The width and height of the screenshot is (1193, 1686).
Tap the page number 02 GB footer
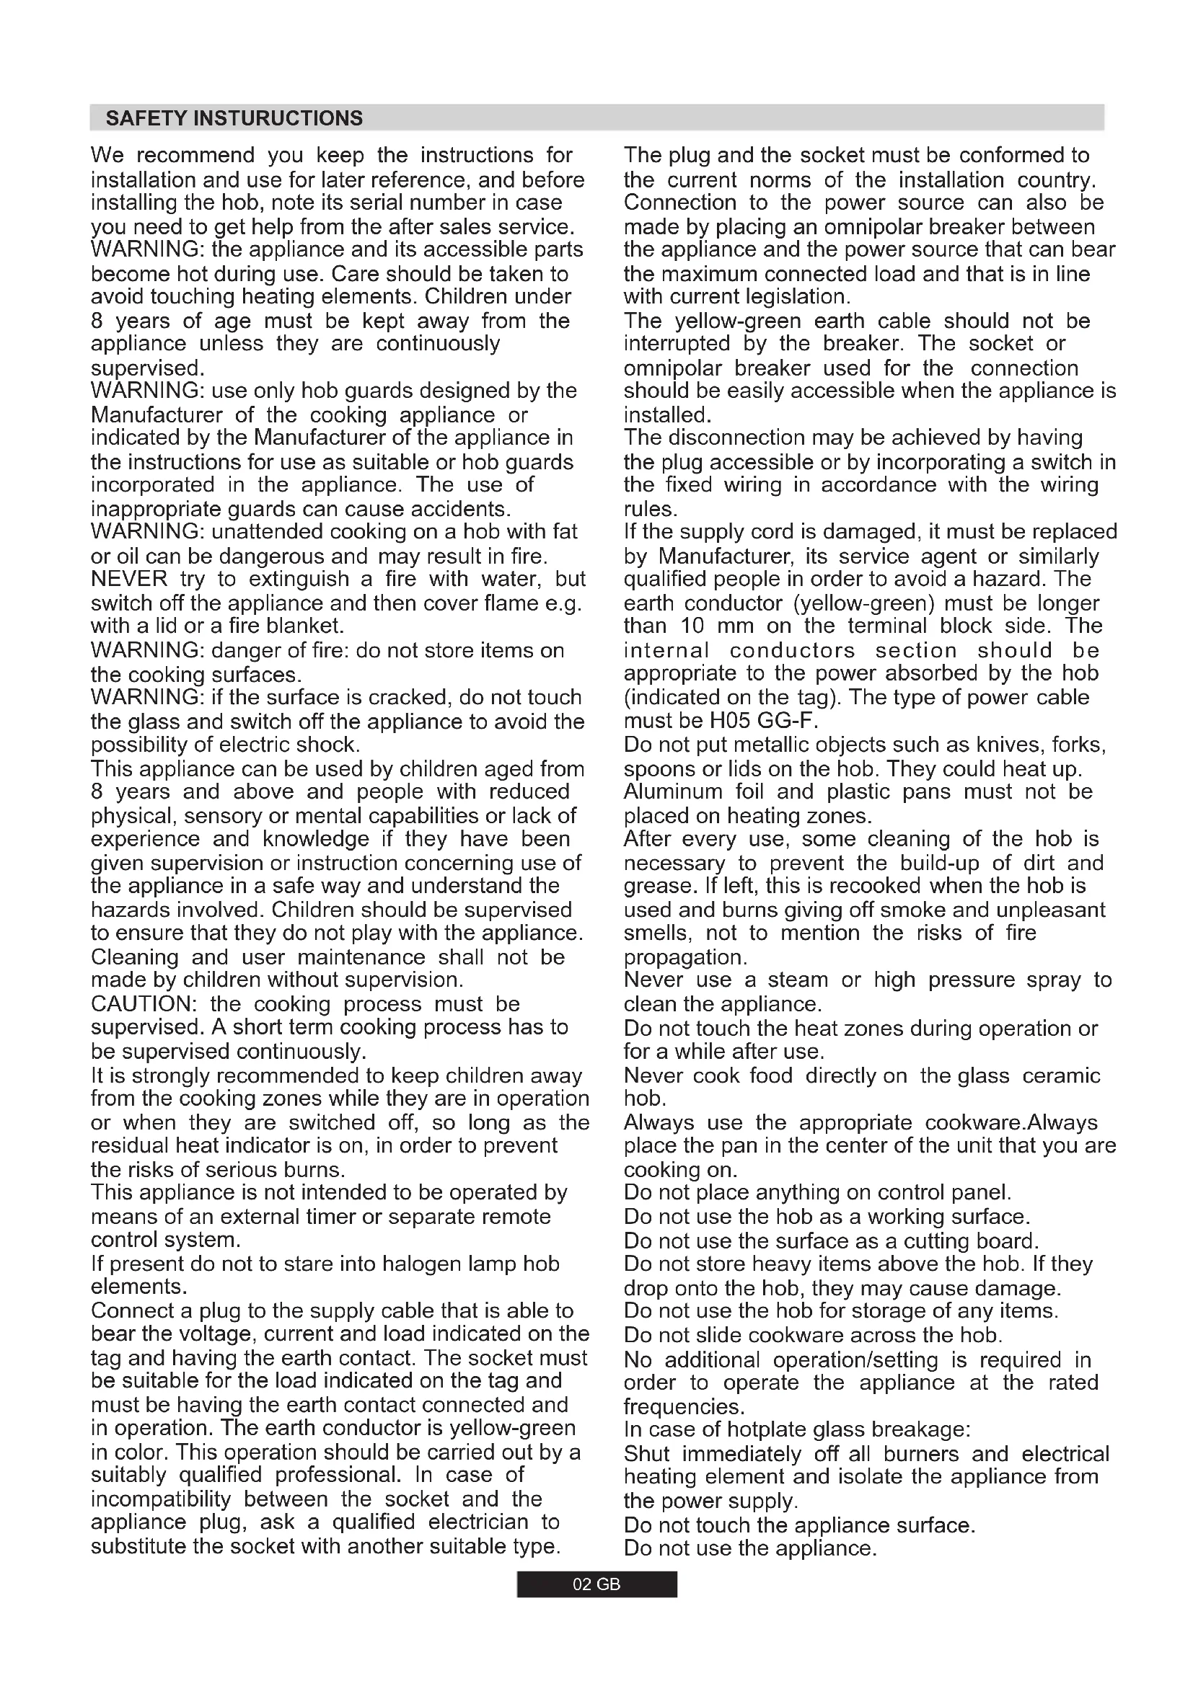596,1584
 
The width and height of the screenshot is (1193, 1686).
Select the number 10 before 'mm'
690,626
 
